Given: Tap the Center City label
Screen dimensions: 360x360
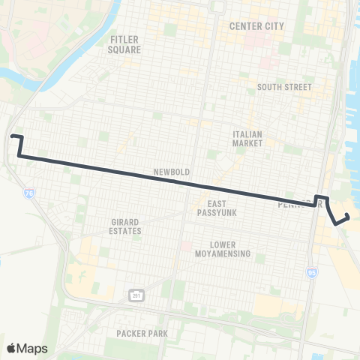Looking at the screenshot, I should click(x=256, y=26).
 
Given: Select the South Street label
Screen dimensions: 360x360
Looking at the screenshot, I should click(x=284, y=87).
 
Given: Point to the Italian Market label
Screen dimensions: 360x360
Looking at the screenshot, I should click(x=247, y=138).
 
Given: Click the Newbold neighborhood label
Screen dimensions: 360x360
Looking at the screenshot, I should click(x=170, y=172).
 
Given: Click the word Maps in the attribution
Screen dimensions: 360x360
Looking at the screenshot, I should click(x=33, y=348).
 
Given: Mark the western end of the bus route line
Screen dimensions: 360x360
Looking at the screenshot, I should click(x=12, y=136).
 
